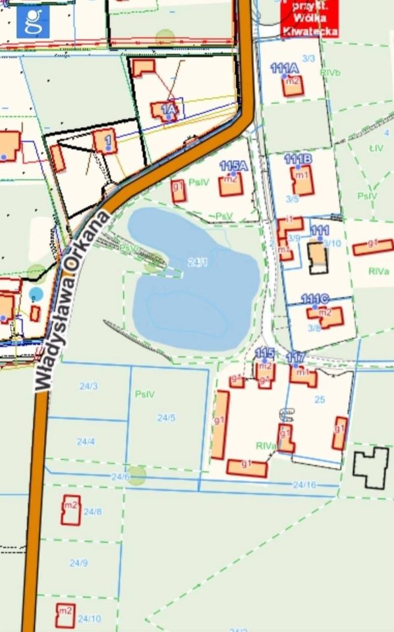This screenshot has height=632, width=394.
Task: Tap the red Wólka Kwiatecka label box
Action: pos(309,18)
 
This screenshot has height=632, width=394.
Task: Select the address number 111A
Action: pos(285,68)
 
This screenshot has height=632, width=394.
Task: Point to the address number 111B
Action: pos(298,159)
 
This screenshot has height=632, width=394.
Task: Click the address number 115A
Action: pos(233,166)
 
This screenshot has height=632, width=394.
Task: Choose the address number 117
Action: pos(296,357)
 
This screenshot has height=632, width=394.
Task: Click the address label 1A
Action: pos(169,109)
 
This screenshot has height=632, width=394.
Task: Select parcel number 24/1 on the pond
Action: pos(197,262)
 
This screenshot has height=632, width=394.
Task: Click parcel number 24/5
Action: pos(166,417)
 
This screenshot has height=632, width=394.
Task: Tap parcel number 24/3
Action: pos(88,386)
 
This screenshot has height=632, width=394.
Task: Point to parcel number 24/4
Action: pos(86,441)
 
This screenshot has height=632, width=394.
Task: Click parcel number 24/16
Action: pos(304,485)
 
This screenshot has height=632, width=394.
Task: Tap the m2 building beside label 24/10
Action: pos(65,615)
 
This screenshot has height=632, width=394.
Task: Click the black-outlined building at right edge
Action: pos(371,467)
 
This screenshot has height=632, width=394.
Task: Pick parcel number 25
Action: pos(320,399)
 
